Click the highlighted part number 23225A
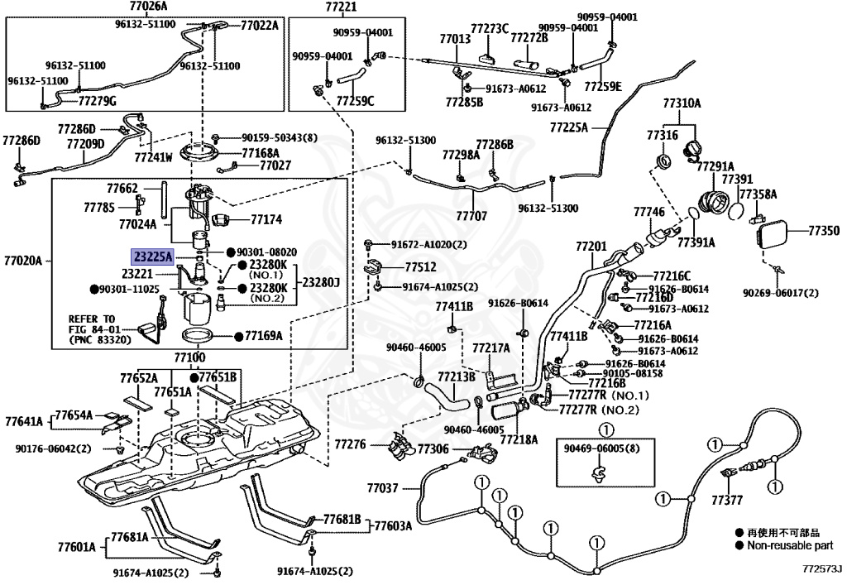pos(153,257)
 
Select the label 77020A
pos(22,261)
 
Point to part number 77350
pos(824,231)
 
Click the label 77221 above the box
pos(341,7)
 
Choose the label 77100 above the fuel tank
pos(189,357)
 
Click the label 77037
pos(382,488)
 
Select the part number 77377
pos(727,501)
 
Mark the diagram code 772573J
pos(821,568)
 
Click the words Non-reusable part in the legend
pos(790,545)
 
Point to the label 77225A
pos(569,127)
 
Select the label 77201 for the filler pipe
pos(591,247)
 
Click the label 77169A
pos(264,336)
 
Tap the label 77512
pos(421,266)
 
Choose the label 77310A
pos(682,103)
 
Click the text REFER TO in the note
pos(92,319)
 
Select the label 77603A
pos(393,525)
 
